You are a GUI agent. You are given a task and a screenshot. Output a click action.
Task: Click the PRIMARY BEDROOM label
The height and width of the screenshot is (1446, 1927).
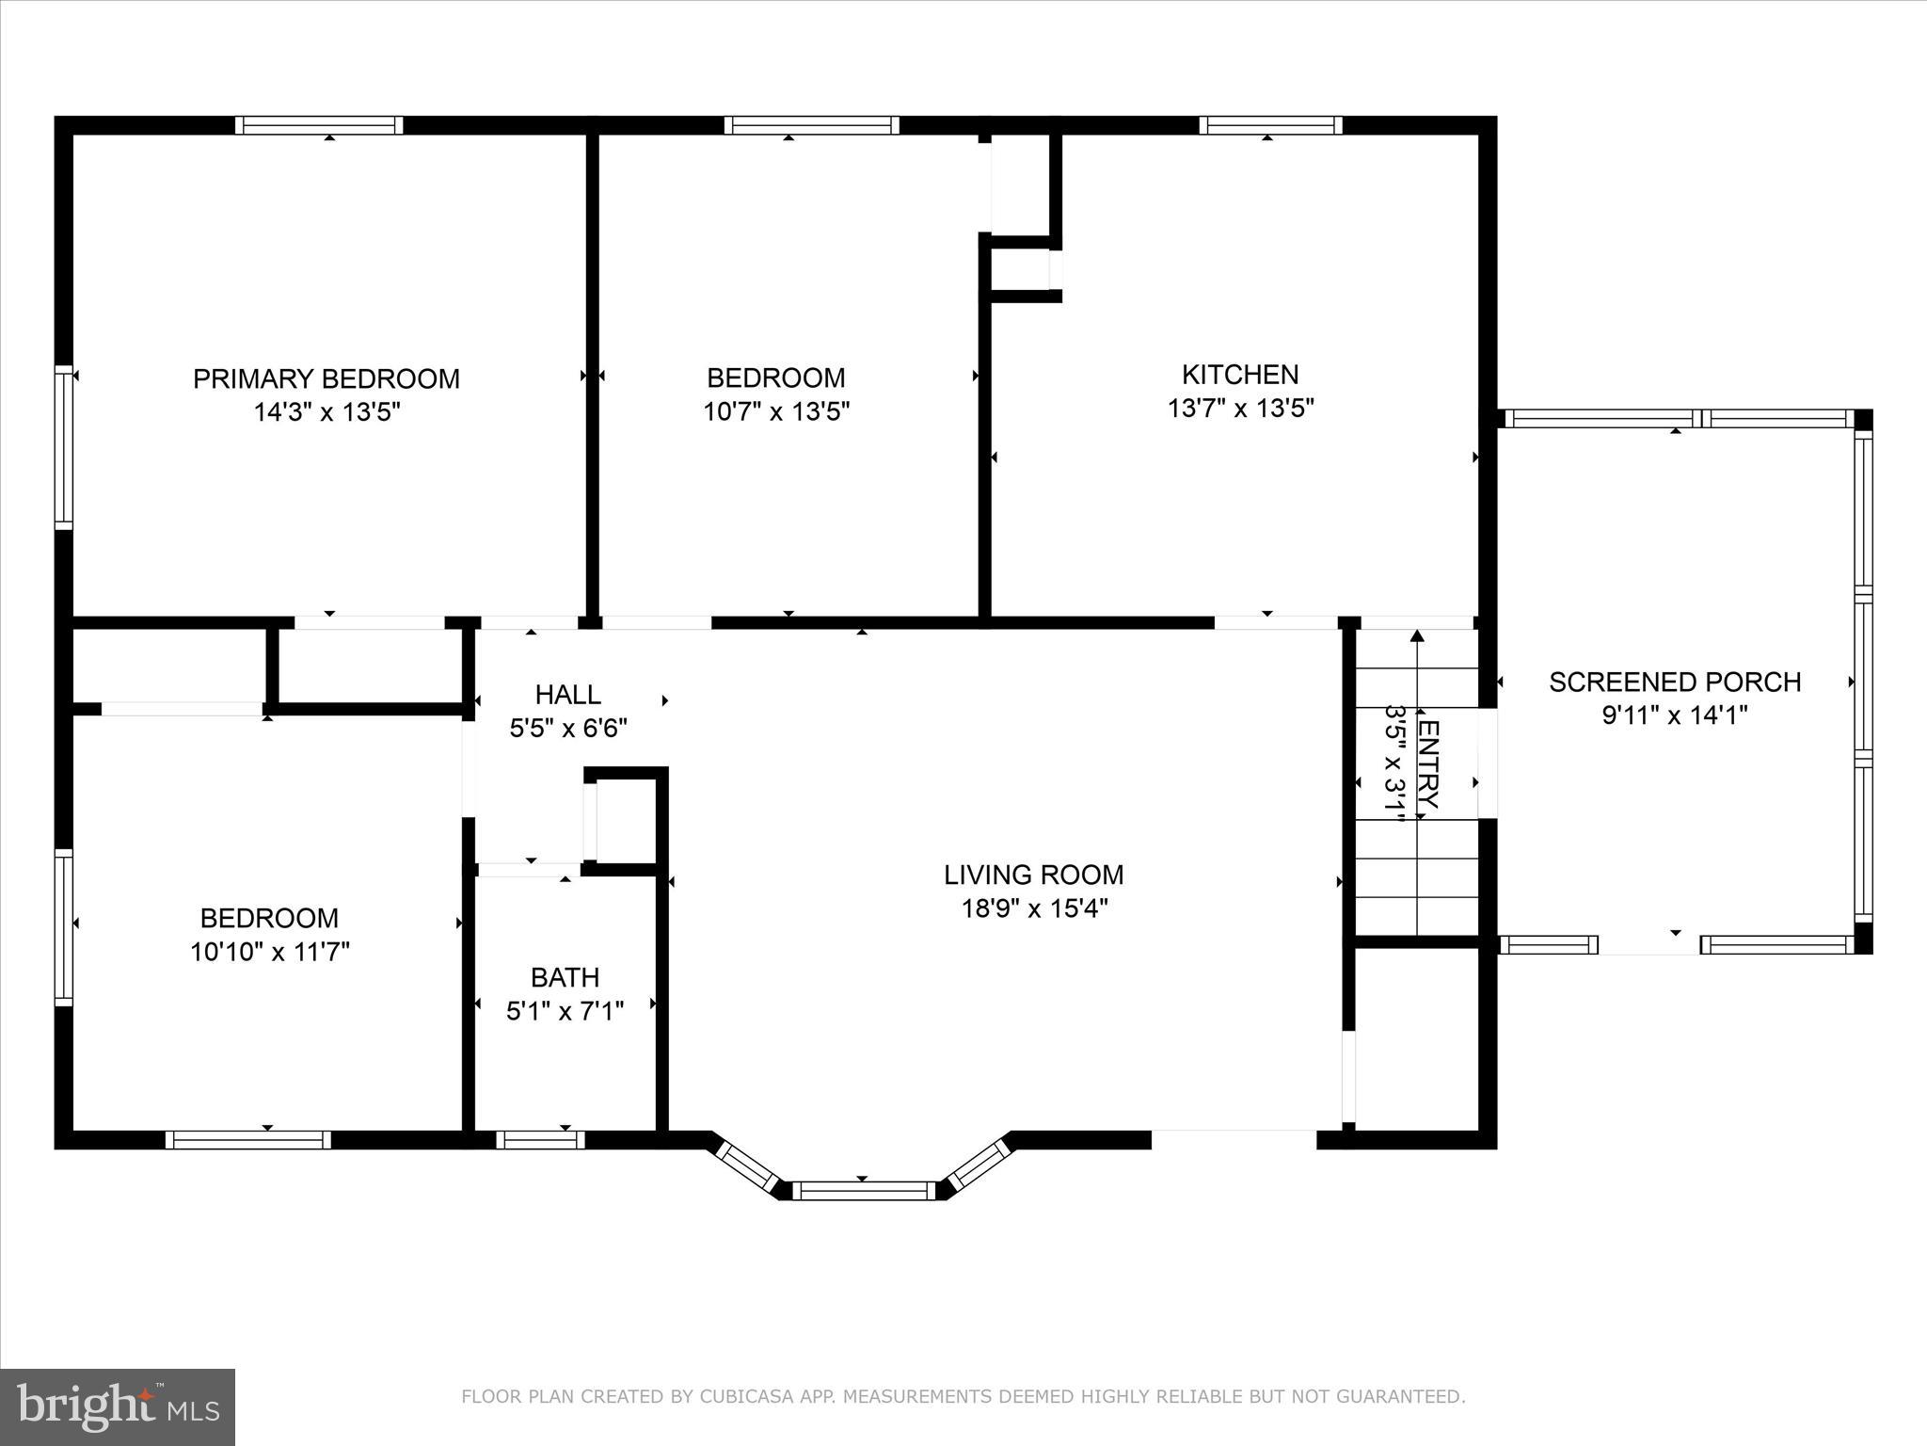(326, 378)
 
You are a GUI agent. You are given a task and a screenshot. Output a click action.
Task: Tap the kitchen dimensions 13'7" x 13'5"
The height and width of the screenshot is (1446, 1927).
(1240, 409)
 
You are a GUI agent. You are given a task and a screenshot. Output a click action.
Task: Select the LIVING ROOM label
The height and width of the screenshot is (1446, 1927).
(1033, 875)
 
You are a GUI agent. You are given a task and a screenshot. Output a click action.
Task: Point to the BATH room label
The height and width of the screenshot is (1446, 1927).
(565, 977)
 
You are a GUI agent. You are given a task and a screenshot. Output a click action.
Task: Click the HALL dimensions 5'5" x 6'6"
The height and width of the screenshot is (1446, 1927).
(568, 728)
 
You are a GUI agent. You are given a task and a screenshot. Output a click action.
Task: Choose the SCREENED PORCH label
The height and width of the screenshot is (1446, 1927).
(1675, 682)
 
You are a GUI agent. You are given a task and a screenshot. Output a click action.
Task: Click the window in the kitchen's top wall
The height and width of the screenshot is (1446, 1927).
(1270, 125)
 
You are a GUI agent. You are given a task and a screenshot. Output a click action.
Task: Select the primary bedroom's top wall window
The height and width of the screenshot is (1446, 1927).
(319, 125)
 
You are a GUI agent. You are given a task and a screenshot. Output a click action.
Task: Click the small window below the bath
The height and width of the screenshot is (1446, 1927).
(540, 1140)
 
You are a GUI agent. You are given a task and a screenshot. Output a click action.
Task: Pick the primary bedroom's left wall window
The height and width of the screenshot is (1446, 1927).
(63, 447)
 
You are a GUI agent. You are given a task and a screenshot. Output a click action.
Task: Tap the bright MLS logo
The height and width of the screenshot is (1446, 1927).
(118, 1406)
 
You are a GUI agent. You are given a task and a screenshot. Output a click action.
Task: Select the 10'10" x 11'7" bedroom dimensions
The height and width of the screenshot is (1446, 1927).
(270, 952)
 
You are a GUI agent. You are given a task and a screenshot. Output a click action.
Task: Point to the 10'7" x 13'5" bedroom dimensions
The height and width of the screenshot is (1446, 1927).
(776, 411)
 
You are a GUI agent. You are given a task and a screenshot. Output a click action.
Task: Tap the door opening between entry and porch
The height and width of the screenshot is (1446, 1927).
(1488, 763)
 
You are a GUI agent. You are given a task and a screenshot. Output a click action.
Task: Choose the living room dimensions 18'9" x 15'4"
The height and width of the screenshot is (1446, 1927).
(1033, 908)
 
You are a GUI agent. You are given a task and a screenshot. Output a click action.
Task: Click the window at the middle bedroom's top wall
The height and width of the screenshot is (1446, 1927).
(811, 125)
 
